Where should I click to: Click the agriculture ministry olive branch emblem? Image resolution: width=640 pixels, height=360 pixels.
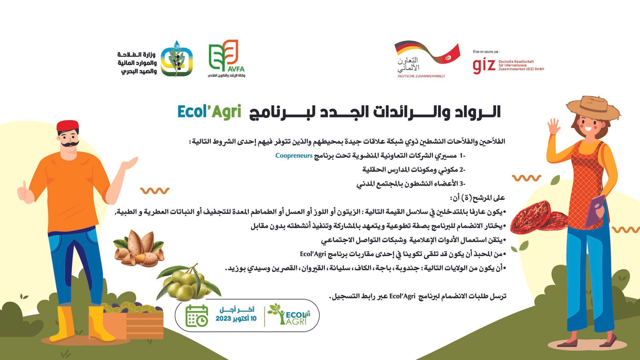pos(176,59)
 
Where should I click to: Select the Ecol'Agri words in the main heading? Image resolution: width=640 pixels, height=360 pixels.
pos(210,112)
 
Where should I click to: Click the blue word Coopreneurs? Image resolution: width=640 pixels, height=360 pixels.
pos(294,156)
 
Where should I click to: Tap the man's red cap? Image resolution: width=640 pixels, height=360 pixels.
pos(68,126)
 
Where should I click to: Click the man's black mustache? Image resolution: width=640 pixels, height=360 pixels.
pos(70,144)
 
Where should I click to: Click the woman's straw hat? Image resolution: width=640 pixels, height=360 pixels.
pos(593,108)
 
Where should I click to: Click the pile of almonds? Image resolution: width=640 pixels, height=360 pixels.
pos(139,248)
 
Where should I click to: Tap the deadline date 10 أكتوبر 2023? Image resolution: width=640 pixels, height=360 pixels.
pos(236,318)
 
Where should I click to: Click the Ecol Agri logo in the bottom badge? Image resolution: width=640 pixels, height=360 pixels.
pos(289,314)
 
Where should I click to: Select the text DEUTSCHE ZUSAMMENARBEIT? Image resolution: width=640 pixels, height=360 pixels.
pos(421,76)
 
